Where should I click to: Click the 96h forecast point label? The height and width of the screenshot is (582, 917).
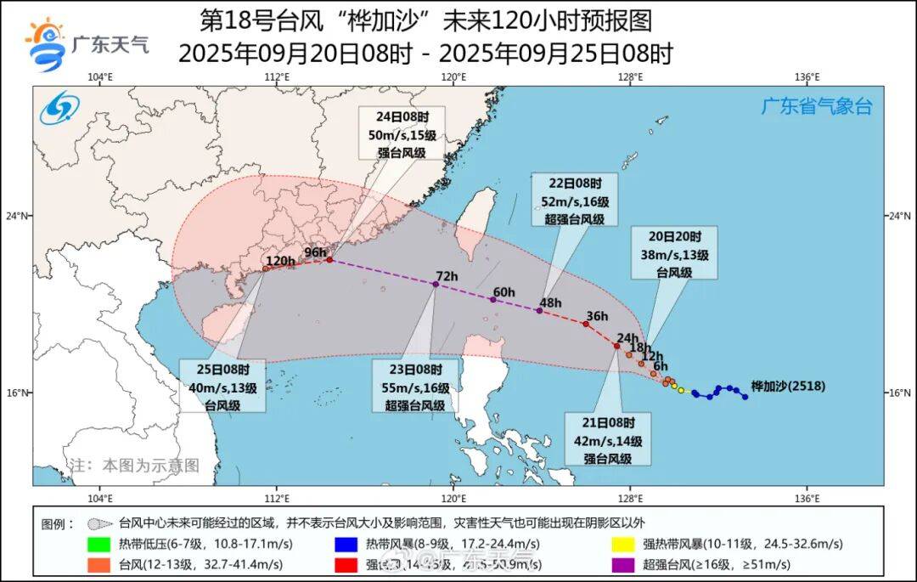(316, 251)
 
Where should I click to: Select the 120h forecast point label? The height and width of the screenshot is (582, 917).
(279, 261)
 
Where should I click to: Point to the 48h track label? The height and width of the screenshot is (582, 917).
(551, 302)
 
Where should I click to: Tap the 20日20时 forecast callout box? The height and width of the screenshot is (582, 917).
(674, 253)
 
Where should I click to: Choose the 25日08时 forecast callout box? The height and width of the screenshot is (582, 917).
(222, 387)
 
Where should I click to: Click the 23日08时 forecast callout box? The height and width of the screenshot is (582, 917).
(416, 387)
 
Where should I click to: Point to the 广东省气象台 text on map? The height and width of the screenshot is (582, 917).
(816, 107)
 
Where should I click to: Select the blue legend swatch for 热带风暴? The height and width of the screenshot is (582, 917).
(350, 544)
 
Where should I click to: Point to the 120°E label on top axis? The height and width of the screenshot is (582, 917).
(453, 77)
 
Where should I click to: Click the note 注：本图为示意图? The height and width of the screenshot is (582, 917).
(134, 465)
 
